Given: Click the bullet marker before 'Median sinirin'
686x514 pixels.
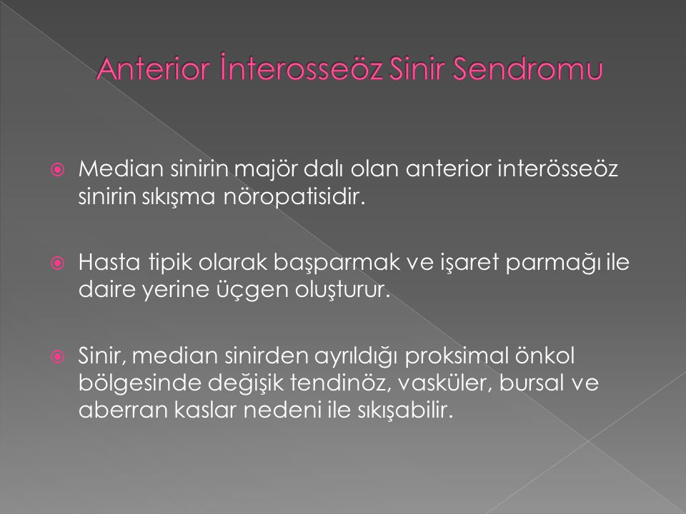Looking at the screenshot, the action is (57, 170).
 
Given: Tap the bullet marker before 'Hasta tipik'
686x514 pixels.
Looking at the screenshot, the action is (57, 263).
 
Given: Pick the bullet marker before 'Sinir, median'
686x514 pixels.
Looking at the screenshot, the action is (57, 357).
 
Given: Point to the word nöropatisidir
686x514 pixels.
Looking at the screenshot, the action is (294, 197).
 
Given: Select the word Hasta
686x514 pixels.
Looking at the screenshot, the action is (109, 262).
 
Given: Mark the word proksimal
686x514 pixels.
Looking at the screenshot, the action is (456, 357).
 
